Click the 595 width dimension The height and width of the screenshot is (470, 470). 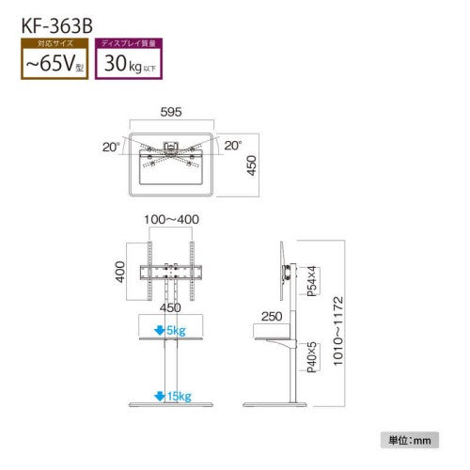[170, 109]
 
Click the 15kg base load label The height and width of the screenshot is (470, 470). [179, 396]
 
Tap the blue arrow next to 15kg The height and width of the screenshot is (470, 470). [163, 396]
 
